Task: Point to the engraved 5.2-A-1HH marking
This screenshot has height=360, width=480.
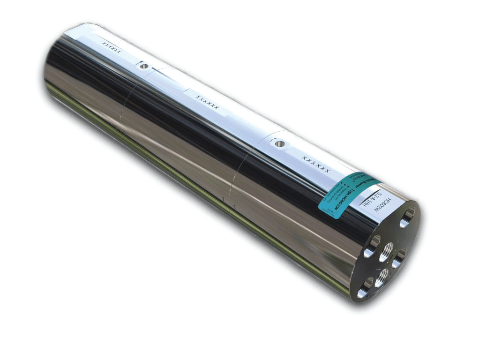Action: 370,196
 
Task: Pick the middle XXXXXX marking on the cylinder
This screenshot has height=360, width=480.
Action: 207,102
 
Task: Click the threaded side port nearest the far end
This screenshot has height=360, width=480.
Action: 144,66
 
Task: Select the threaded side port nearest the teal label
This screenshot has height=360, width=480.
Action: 280,143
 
